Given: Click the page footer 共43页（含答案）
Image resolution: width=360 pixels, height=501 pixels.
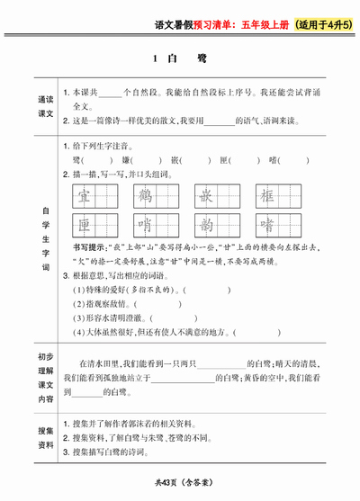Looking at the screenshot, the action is (x=180, y=486).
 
